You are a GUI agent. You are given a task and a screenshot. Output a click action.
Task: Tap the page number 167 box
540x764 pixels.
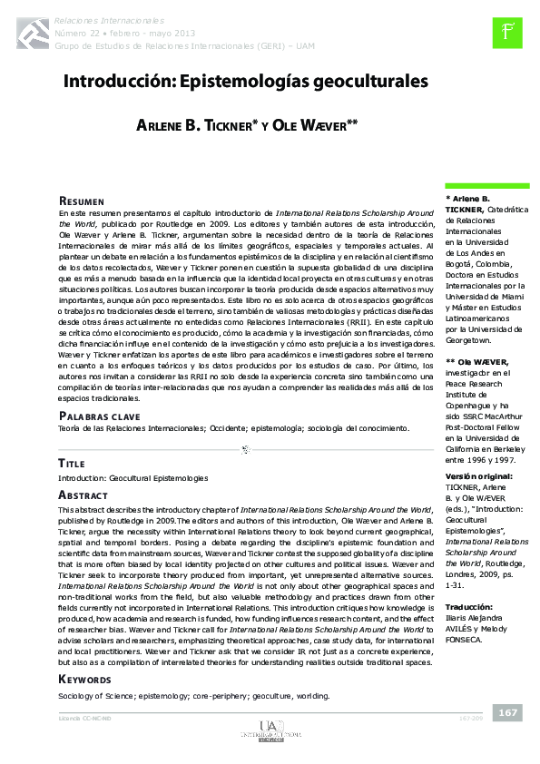(507, 712)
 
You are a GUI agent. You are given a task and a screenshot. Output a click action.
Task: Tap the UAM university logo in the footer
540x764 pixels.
(269, 730)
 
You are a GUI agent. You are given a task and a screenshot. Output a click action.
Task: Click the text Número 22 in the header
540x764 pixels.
(77, 31)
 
